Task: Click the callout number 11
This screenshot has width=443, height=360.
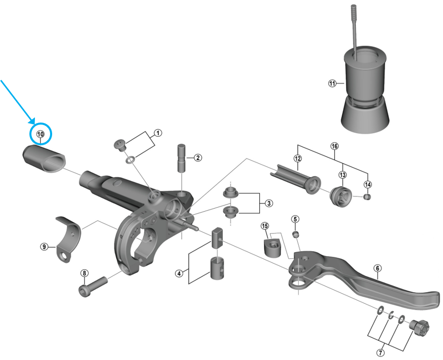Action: (332, 84)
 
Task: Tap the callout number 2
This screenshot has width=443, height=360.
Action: (198, 157)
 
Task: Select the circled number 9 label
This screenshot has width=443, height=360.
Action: (44, 247)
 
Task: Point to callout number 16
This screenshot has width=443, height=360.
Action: (335, 146)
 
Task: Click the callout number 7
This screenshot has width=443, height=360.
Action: (381, 352)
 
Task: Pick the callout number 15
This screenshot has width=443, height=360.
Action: (265, 226)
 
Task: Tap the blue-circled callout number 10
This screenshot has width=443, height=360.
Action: (41, 134)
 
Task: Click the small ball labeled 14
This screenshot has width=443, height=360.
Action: (367, 196)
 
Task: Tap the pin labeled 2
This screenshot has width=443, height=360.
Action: (181, 157)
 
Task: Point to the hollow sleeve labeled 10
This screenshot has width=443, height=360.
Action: (44, 158)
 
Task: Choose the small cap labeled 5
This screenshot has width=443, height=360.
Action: (295, 234)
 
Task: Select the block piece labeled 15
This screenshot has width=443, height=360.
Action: (272, 247)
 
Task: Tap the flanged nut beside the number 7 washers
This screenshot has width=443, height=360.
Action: (419, 328)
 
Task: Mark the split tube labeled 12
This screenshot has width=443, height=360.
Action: (295, 179)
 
